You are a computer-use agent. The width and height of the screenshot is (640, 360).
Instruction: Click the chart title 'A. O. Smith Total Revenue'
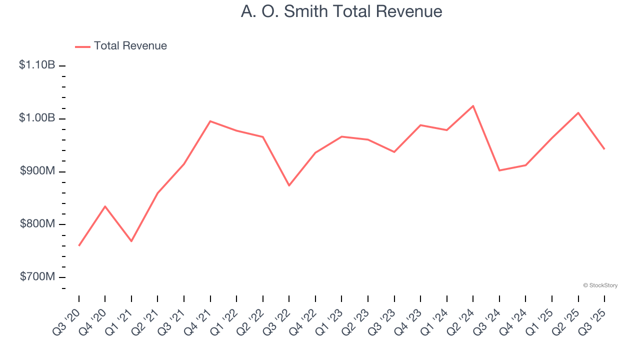341,11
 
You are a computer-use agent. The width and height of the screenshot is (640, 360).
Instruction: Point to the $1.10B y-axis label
37,65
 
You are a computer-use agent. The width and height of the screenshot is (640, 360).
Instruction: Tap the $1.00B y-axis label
37,118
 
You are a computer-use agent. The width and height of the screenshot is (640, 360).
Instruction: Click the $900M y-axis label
37,171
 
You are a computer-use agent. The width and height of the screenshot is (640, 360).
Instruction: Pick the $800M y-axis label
37,224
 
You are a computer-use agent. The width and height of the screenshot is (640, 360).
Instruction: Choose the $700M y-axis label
37,277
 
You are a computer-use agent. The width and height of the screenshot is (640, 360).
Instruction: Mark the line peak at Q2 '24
473,106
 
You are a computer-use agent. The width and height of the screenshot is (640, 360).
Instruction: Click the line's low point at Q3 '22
289,185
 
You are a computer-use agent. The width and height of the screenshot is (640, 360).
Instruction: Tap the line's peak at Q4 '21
210,121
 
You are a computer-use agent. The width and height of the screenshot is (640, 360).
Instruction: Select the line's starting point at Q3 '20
79,245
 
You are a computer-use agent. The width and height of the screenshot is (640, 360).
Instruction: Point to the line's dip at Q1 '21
131,241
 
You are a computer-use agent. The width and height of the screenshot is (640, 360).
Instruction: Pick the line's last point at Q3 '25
604,149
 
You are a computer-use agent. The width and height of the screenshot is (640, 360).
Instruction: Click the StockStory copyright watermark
600,285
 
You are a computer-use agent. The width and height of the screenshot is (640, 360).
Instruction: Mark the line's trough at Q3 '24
499,170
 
